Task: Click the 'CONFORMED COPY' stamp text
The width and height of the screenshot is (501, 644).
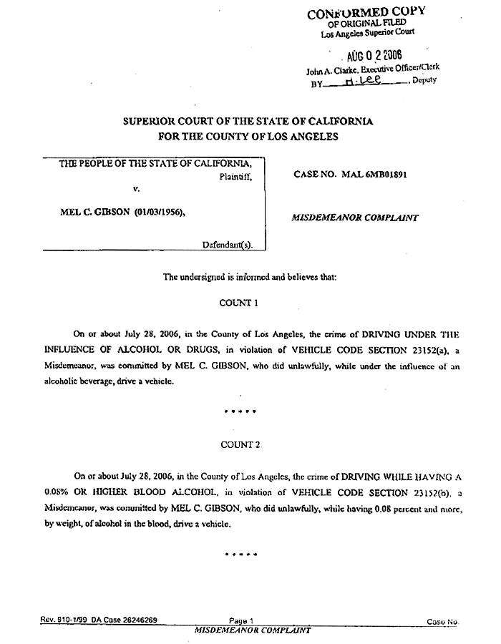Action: (x=366, y=12)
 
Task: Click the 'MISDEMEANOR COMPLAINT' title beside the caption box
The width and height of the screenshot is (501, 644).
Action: (x=355, y=218)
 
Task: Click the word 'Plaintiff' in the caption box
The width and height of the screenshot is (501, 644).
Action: (x=235, y=175)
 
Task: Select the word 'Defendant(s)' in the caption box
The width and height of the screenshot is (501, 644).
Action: (x=227, y=244)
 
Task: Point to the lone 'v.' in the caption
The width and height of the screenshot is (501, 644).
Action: (x=136, y=188)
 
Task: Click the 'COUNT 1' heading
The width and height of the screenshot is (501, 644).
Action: (x=239, y=303)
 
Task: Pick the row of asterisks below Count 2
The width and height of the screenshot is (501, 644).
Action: (x=240, y=555)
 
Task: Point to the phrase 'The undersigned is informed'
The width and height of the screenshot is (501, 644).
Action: (x=209, y=276)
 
